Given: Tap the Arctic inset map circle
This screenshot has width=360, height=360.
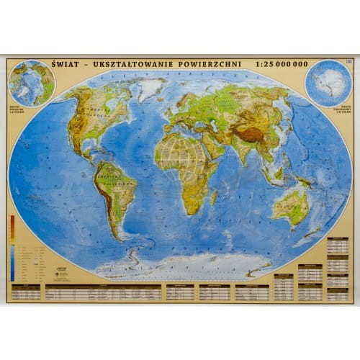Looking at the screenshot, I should click(31, 83).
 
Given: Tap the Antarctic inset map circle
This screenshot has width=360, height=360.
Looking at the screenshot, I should click(328, 83).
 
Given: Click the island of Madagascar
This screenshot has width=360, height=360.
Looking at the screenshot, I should click(214, 195).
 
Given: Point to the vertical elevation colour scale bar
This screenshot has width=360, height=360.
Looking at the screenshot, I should click(12, 248).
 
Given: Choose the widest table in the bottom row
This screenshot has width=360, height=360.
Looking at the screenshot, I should click(103, 292).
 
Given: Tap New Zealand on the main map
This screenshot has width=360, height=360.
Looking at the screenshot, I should click(323, 229).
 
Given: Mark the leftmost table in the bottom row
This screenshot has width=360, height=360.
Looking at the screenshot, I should click(26, 292).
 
